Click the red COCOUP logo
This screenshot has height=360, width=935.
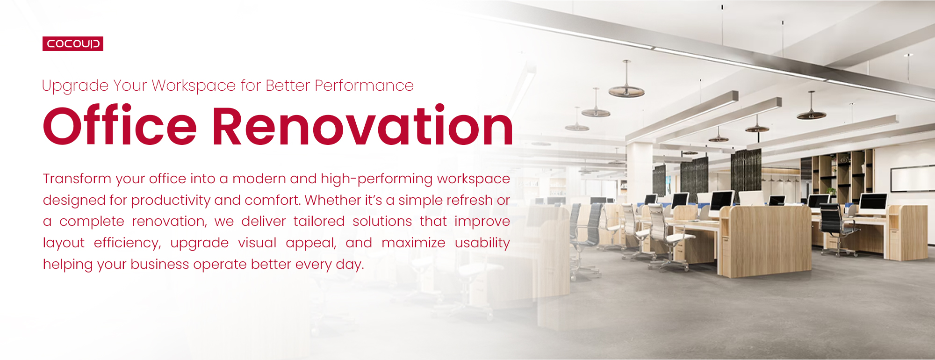pyautogui.click(x=73, y=43)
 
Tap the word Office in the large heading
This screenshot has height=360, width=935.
pyautogui.click(x=120, y=125)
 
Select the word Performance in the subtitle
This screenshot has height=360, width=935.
pyautogui.click(x=364, y=86)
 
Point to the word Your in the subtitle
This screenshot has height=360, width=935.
pyautogui.click(x=130, y=86)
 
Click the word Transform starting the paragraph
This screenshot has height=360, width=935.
pyautogui.click(x=77, y=179)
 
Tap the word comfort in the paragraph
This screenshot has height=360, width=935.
pyautogui.click(x=273, y=200)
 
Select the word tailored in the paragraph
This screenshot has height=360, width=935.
pyautogui.click(x=319, y=221)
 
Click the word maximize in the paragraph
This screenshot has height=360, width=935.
pyautogui.click(x=413, y=243)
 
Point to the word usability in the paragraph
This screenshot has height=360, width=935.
pyautogui.click(x=482, y=243)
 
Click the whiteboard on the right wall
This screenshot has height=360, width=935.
pyautogui.click(x=912, y=179)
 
